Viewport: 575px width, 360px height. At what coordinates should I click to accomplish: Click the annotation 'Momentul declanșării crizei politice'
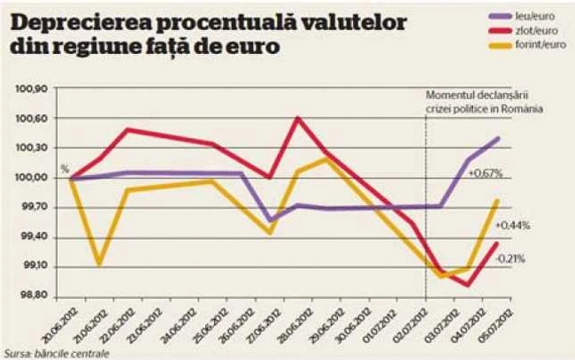click(483, 102)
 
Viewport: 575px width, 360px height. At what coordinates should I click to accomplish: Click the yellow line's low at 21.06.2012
click(99, 264)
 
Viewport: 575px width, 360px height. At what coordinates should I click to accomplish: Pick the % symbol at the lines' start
click(64, 168)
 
